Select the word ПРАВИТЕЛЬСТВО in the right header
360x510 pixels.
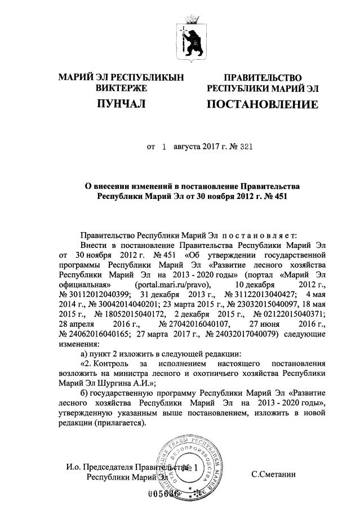click(262, 77)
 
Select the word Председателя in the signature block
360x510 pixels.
click(108, 467)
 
